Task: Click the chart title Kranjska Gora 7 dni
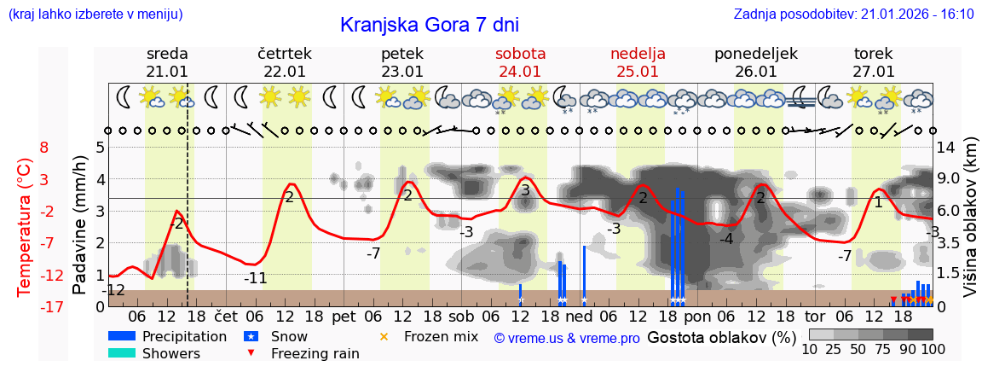[x=429, y=25]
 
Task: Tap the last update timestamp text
[x=853, y=14]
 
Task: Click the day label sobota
[x=521, y=54]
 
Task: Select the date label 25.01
[x=638, y=72]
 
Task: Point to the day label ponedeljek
[x=756, y=54]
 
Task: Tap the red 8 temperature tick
[x=43, y=148]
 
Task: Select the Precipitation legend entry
[x=184, y=336]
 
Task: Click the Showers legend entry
[x=170, y=353]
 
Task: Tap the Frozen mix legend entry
[x=441, y=336]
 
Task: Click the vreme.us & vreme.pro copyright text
[x=567, y=338]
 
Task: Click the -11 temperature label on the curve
[x=256, y=278]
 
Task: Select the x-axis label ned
[x=580, y=315]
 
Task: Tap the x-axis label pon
[x=697, y=315]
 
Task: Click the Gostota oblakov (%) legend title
[x=722, y=337]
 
